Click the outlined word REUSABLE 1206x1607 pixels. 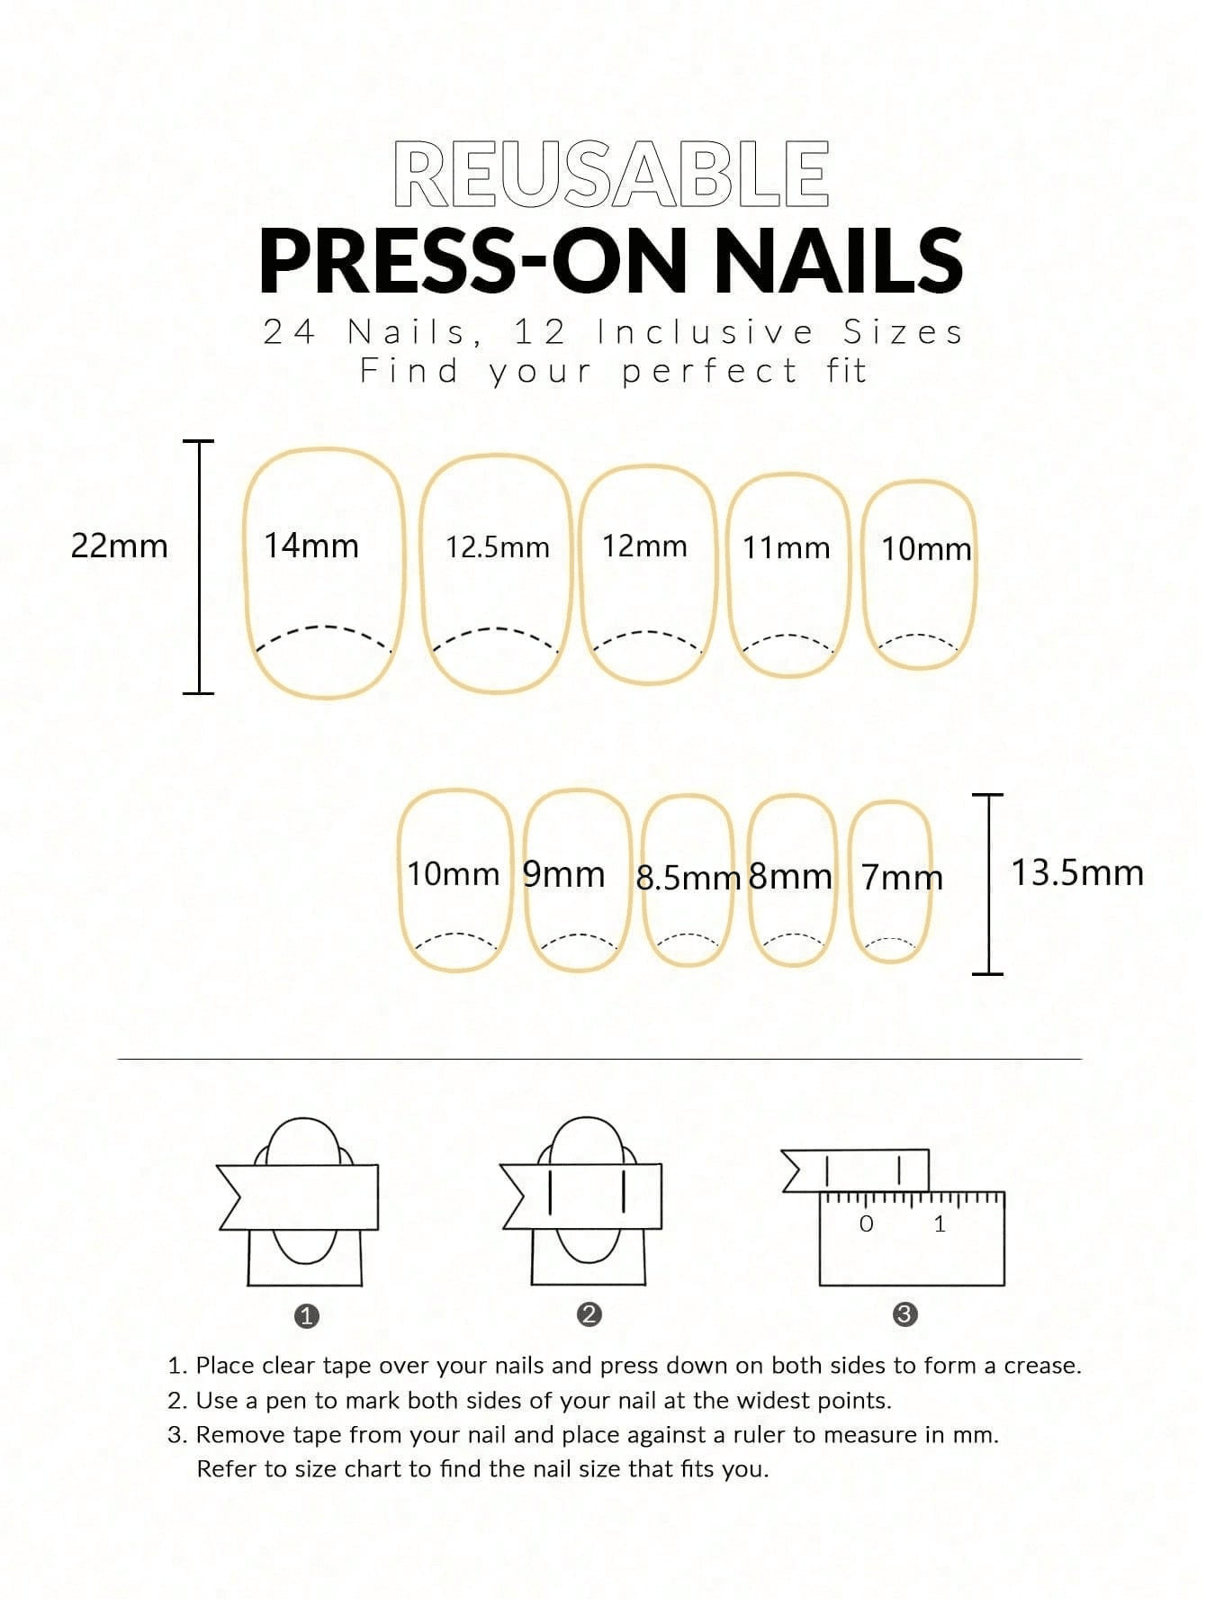[x=611, y=174]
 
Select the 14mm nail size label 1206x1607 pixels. [x=311, y=546]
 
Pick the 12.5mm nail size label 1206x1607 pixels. [x=498, y=547]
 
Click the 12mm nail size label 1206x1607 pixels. [x=644, y=546]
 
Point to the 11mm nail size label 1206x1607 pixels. [x=787, y=547]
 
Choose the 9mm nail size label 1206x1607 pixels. [x=564, y=873]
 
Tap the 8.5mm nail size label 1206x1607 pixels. [x=688, y=878]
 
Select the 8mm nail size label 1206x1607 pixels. [x=790, y=876]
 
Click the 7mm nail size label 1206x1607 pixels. [x=903, y=877]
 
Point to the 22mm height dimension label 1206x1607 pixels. [x=120, y=546]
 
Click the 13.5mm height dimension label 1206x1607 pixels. [x=1077, y=872]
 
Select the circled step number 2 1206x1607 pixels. [x=589, y=1314]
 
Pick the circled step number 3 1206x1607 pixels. [x=904, y=1314]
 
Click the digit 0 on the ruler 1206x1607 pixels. [x=867, y=1223]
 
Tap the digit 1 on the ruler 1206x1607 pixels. [x=940, y=1223]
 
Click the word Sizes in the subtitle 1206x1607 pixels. [x=903, y=332]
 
